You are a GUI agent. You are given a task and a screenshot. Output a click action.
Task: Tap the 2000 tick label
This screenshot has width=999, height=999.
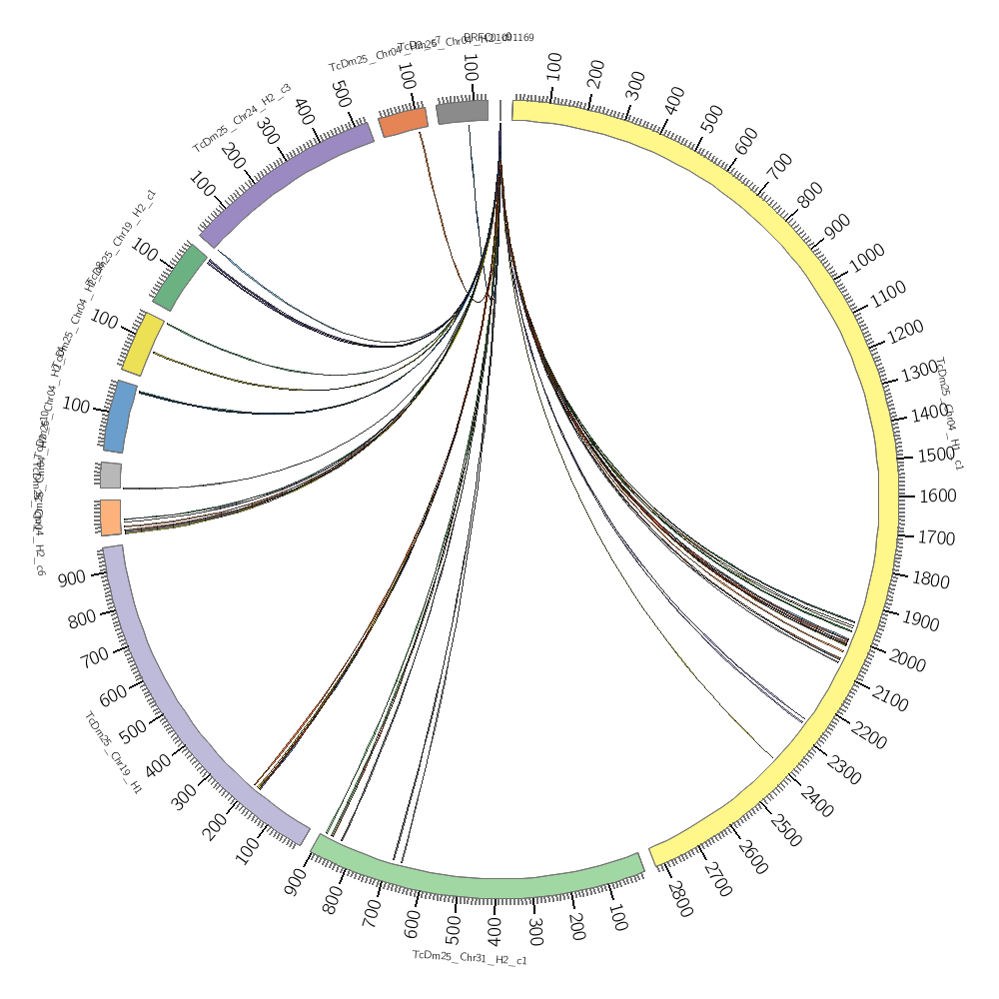[x=907, y=664]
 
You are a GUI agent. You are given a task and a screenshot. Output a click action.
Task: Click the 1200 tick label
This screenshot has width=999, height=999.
[x=905, y=330]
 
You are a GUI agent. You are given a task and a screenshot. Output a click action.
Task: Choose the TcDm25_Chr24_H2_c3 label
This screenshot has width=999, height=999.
[x=241, y=117]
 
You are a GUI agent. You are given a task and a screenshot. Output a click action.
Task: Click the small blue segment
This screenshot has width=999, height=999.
[x=120, y=415]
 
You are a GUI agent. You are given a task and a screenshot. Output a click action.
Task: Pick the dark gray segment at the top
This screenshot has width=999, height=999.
[x=463, y=111]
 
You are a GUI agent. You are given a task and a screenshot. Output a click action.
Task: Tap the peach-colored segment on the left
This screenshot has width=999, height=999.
[x=110, y=517]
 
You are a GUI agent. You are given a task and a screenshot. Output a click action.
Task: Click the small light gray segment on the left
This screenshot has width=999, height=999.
[x=110, y=475]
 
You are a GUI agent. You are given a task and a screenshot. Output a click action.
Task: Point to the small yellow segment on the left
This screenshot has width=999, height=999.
[x=143, y=345]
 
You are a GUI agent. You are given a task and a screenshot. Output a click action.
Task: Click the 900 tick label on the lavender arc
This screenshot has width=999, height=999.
[x=71, y=577]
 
